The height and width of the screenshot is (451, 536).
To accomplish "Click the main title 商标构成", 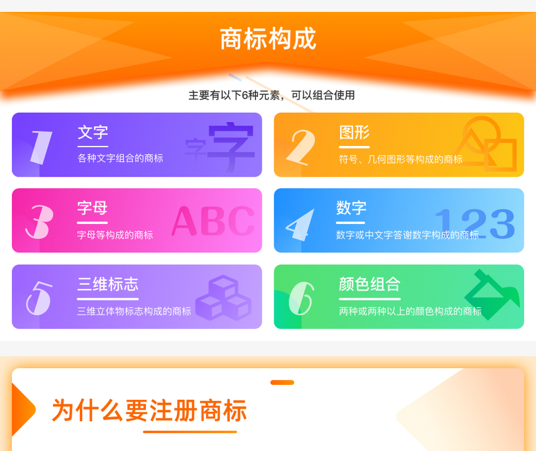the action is (268, 39).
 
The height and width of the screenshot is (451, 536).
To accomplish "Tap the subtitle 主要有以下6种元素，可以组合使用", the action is (271, 95).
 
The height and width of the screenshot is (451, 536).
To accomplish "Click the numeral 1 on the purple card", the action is (41, 147).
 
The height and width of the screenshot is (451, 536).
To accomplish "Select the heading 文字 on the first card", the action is (93, 132).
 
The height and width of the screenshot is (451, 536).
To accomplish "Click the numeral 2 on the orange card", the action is (301, 147).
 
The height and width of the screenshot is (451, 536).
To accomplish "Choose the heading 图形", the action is (354, 132).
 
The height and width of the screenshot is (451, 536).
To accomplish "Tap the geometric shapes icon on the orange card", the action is (486, 143).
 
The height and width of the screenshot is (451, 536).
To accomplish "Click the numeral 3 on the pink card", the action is (40, 221).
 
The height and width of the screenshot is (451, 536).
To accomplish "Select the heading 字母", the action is (92, 208).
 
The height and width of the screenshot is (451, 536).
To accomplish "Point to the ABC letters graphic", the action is (213, 221).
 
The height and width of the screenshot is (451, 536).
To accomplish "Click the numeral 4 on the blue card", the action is (300, 225).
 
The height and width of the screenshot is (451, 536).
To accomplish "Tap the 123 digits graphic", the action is (475, 223).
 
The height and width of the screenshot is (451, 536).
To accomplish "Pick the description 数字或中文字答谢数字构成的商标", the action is (407, 235).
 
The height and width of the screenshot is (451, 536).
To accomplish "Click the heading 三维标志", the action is (108, 284).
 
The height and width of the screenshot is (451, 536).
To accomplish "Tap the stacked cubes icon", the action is (223, 298).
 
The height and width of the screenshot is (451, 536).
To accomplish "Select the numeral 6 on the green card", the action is (301, 298).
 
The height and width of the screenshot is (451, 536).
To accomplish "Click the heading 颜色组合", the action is (369, 284).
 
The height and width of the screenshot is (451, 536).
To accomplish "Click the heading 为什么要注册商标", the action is (149, 410).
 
